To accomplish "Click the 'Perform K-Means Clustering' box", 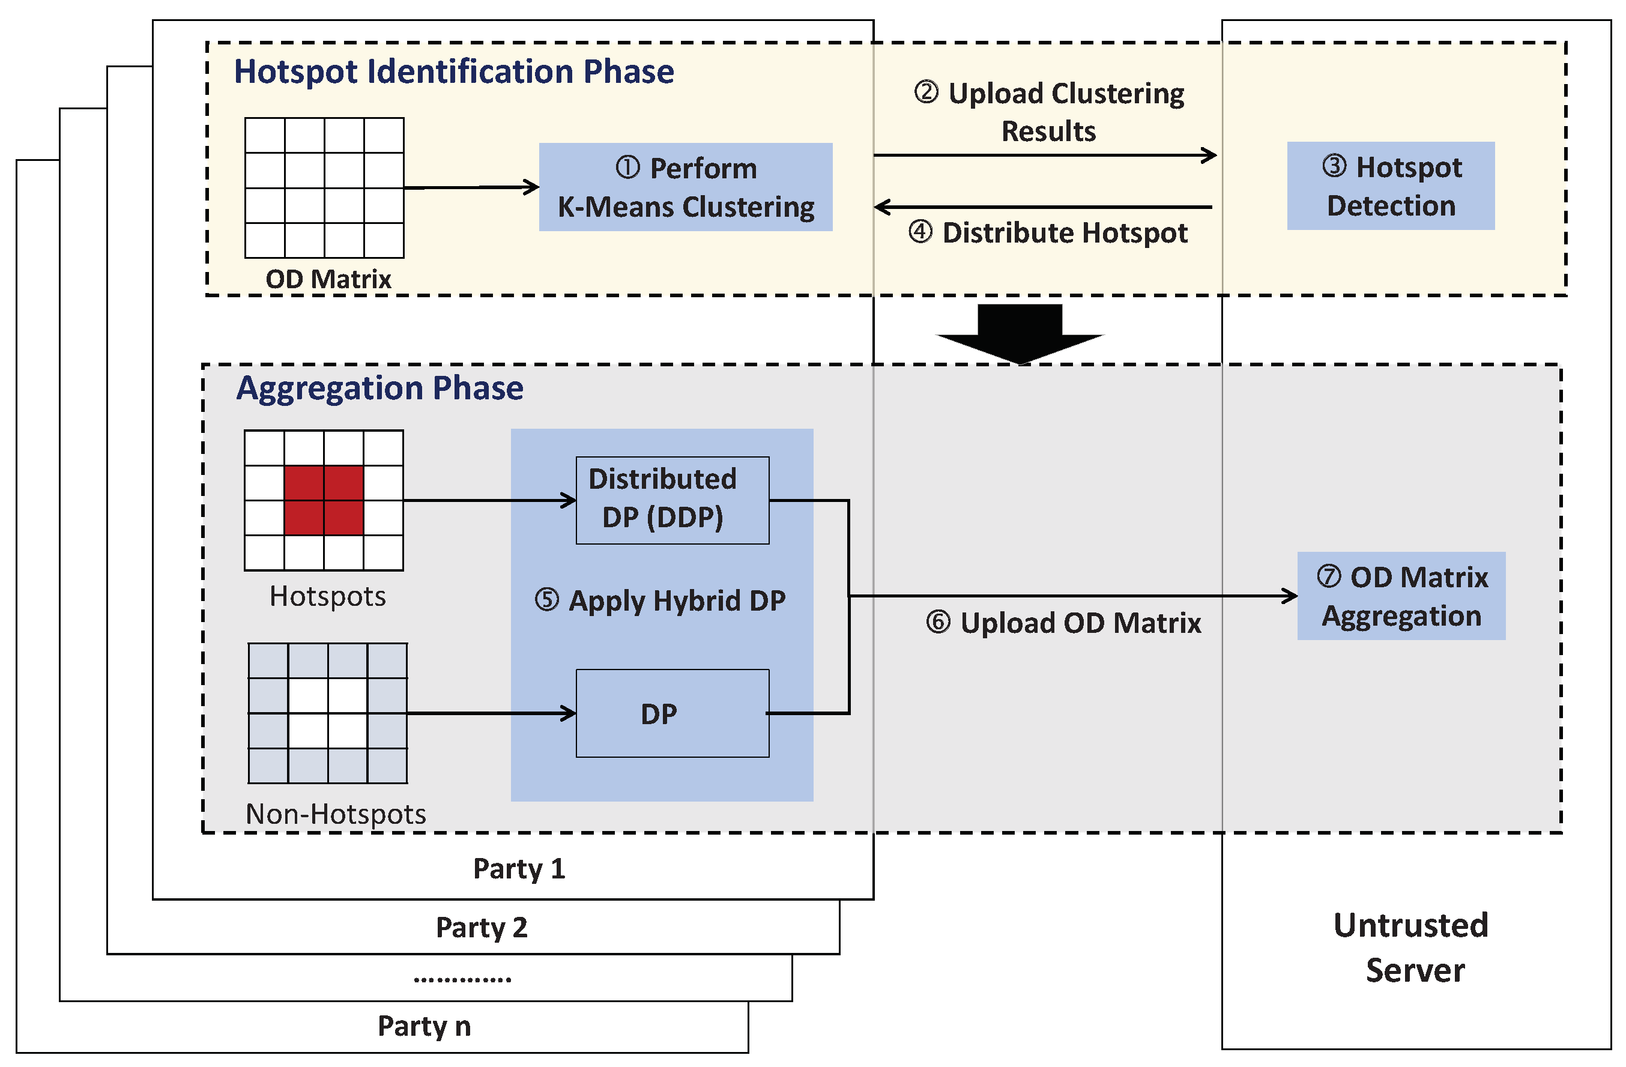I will [685, 187].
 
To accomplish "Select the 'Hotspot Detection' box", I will [1390, 186].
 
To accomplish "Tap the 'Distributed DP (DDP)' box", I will [672, 500].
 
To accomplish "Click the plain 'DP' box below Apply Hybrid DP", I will [672, 713].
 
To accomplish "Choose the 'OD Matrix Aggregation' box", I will [1401, 596].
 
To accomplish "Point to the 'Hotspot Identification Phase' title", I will [454, 71].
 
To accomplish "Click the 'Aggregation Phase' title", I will [380, 388].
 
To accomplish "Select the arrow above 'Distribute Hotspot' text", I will [1043, 207].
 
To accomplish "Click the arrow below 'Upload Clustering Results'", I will [1045, 155].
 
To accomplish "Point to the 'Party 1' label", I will [519, 869].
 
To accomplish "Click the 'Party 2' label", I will [482, 928].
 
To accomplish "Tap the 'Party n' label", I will [425, 1026].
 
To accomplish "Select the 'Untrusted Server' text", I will [1412, 948].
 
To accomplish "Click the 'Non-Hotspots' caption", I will [336, 814].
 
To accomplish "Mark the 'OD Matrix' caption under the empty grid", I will [328, 279].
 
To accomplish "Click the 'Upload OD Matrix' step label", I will [1064, 623].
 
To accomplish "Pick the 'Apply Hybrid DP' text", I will [660, 601].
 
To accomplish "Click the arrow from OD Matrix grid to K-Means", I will [471, 187].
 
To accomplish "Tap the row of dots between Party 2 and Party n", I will [462, 979].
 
